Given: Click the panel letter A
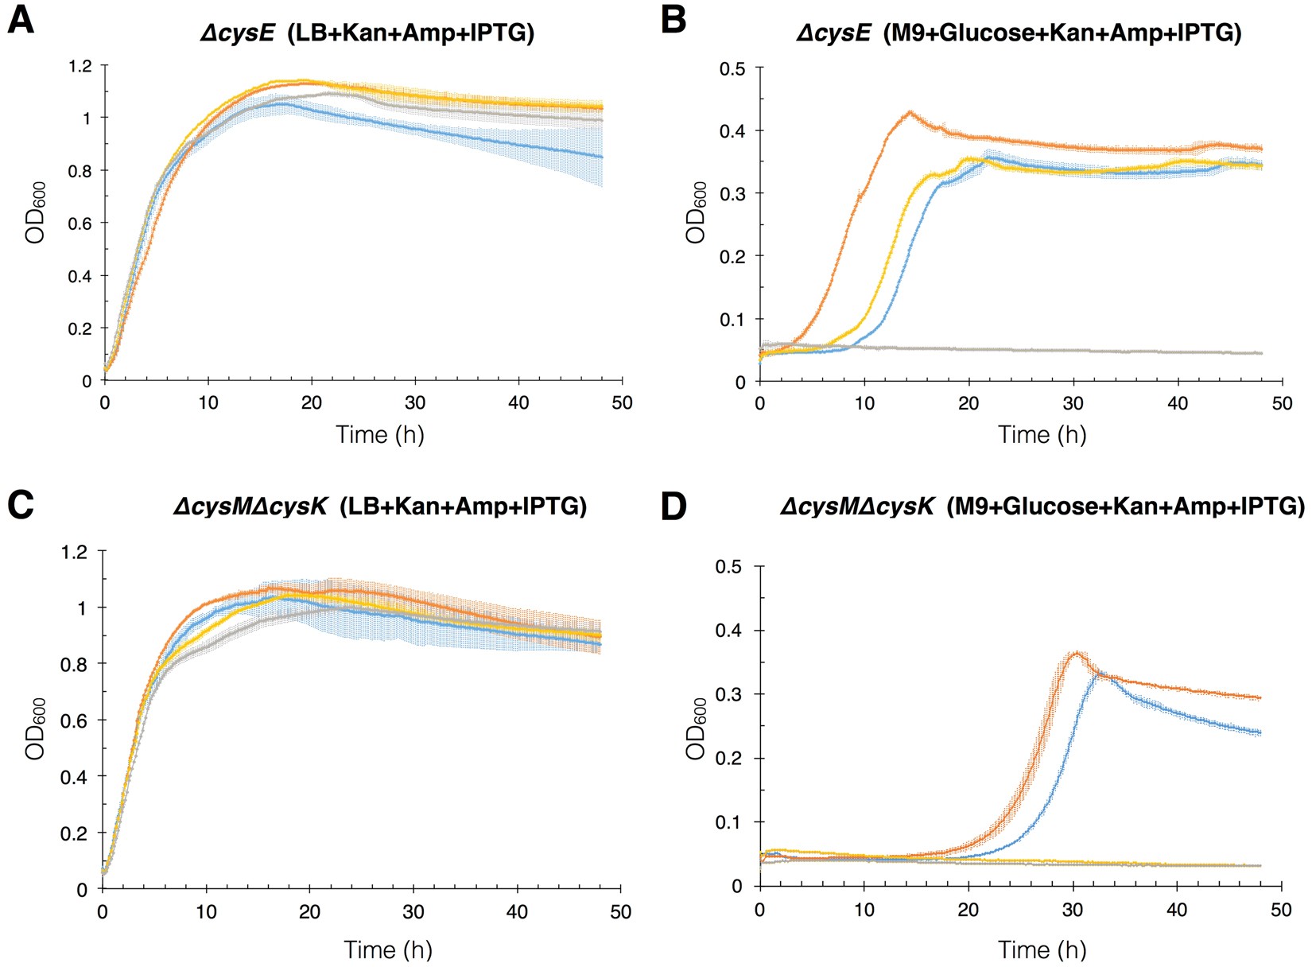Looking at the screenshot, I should (21, 20).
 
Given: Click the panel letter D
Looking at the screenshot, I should (673, 507).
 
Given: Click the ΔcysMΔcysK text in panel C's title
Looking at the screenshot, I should (250, 506).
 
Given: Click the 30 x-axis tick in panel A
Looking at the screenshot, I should (415, 402).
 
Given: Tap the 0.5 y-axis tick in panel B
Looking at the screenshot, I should (732, 68).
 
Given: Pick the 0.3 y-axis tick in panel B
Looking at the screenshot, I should (732, 193).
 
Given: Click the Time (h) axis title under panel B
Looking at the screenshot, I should (1042, 434).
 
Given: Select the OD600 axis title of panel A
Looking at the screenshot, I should (36, 212).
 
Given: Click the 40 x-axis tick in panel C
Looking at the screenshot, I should (517, 912).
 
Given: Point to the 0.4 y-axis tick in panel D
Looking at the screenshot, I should (731, 631).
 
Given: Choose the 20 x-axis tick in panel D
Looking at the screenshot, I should (968, 909).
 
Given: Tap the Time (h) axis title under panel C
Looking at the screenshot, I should (387, 949).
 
